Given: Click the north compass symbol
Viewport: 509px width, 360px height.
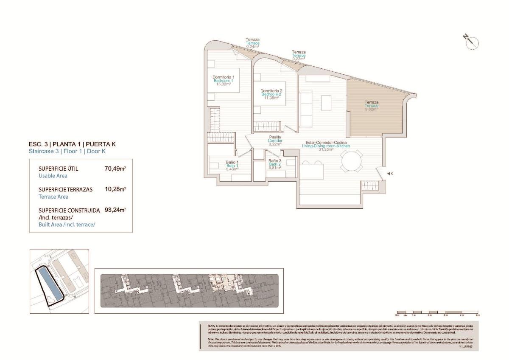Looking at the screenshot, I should tap(471, 42).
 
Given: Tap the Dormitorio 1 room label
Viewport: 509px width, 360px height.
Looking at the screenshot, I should tap(224, 77).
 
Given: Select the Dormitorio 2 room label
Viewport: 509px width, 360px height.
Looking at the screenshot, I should tap(271, 90).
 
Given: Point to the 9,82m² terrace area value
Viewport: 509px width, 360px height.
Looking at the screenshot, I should tap(372, 109).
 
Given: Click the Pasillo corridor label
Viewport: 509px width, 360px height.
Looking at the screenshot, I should tap(275, 137).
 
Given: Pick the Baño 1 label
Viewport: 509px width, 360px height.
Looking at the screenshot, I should tap(232, 162).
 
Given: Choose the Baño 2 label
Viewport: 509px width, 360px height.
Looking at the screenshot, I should tap(275, 160).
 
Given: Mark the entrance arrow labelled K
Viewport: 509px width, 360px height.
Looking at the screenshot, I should tap(390, 173).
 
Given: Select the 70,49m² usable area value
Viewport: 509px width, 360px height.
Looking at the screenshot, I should tap(115, 169).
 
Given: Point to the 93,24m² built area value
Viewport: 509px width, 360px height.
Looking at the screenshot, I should tap(115, 210).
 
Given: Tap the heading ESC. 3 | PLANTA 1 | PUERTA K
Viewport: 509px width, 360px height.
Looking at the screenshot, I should tap(72, 144).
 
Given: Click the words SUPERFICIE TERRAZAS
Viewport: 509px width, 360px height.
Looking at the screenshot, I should tap(65, 189).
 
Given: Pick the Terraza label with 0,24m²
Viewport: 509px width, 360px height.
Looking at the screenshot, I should tap(253, 39).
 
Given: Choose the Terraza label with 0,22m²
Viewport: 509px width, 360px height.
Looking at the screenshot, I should tap(299, 52).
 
